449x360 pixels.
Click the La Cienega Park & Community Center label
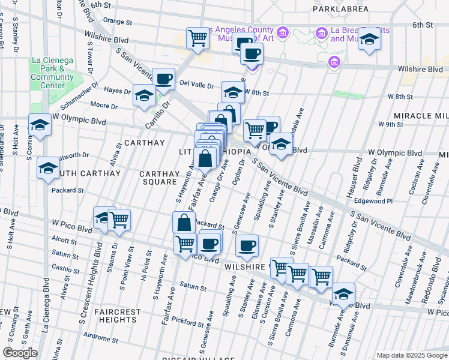click(52, 73)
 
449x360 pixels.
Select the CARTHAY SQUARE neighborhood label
click(159, 179)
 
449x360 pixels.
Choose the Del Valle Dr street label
click(196, 85)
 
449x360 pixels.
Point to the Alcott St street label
click(61, 238)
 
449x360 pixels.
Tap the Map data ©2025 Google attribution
click(411, 355)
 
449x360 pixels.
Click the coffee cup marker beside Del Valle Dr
click(163, 78)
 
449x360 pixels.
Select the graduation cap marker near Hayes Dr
click(144, 95)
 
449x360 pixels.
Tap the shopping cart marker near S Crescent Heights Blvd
click(119, 220)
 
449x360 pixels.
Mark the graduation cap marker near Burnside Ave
click(343, 294)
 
